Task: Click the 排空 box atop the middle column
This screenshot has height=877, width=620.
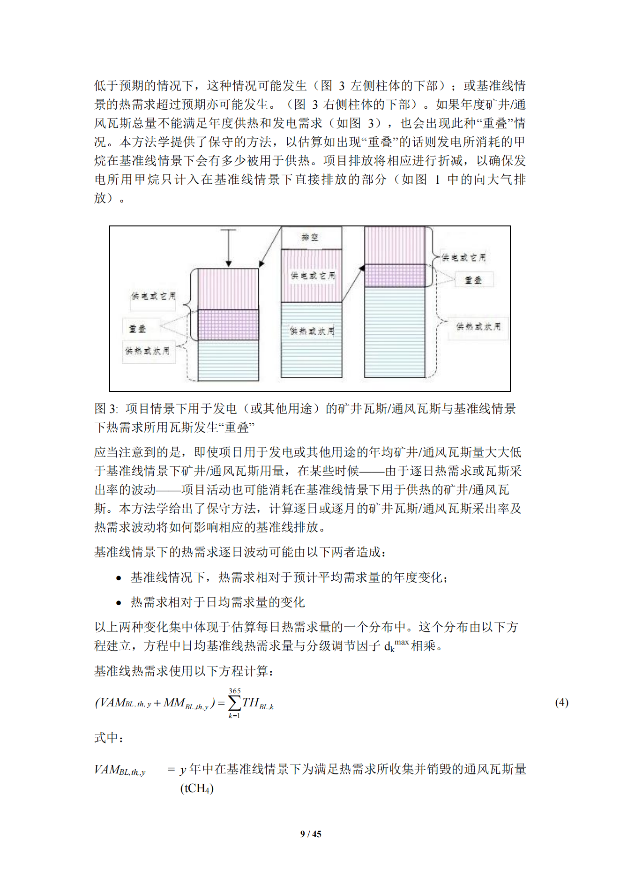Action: point(311,238)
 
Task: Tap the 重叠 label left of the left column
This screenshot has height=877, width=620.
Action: point(137,328)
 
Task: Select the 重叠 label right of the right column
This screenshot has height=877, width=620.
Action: point(473,280)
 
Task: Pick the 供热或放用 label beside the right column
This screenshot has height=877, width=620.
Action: point(478,326)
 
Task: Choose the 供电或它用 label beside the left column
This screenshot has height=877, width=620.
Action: point(153,296)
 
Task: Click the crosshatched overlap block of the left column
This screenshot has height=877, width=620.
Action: point(228,324)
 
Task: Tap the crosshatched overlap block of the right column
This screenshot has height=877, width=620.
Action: point(395,275)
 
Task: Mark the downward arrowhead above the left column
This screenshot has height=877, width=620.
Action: point(229,264)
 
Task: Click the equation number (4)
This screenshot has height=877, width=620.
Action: point(561,702)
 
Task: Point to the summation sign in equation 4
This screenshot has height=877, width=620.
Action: point(234,703)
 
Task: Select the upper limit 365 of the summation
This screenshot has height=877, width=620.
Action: point(235,691)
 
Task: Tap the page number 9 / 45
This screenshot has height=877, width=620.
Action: point(311,834)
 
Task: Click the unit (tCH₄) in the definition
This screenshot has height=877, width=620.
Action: point(197,788)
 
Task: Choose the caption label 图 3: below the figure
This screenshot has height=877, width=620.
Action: point(106,409)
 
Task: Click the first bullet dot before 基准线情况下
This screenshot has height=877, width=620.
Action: point(119,578)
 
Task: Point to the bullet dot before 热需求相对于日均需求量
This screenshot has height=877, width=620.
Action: point(119,603)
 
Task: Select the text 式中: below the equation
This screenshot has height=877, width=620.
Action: point(109,738)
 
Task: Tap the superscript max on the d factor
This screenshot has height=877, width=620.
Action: point(402,642)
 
